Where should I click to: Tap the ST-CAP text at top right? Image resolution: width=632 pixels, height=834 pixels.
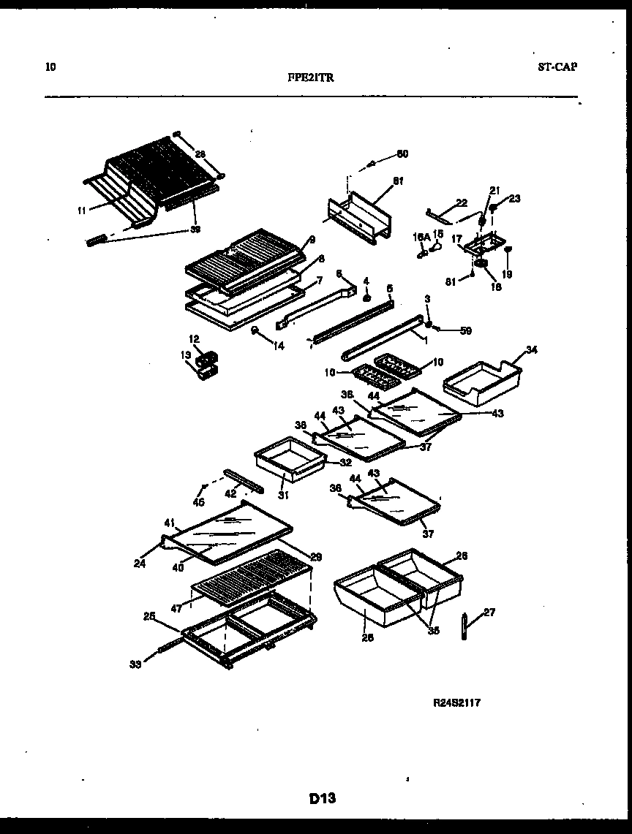point(557,67)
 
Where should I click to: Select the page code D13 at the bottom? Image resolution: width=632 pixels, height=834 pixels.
point(321,798)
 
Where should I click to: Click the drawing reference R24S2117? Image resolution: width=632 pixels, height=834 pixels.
point(457,703)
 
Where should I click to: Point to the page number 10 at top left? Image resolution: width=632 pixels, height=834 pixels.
point(50,67)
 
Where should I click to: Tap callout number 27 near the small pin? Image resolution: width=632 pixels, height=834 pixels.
point(489,613)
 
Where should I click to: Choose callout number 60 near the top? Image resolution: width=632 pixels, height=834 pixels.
point(402,153)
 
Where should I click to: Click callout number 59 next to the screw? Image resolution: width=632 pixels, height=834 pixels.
point(466,330)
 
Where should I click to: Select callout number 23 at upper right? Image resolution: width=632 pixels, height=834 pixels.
point(515,197)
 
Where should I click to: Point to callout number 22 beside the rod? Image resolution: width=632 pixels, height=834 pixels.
point(462,203)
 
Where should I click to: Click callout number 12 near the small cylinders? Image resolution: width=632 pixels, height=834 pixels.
point(194,339)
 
